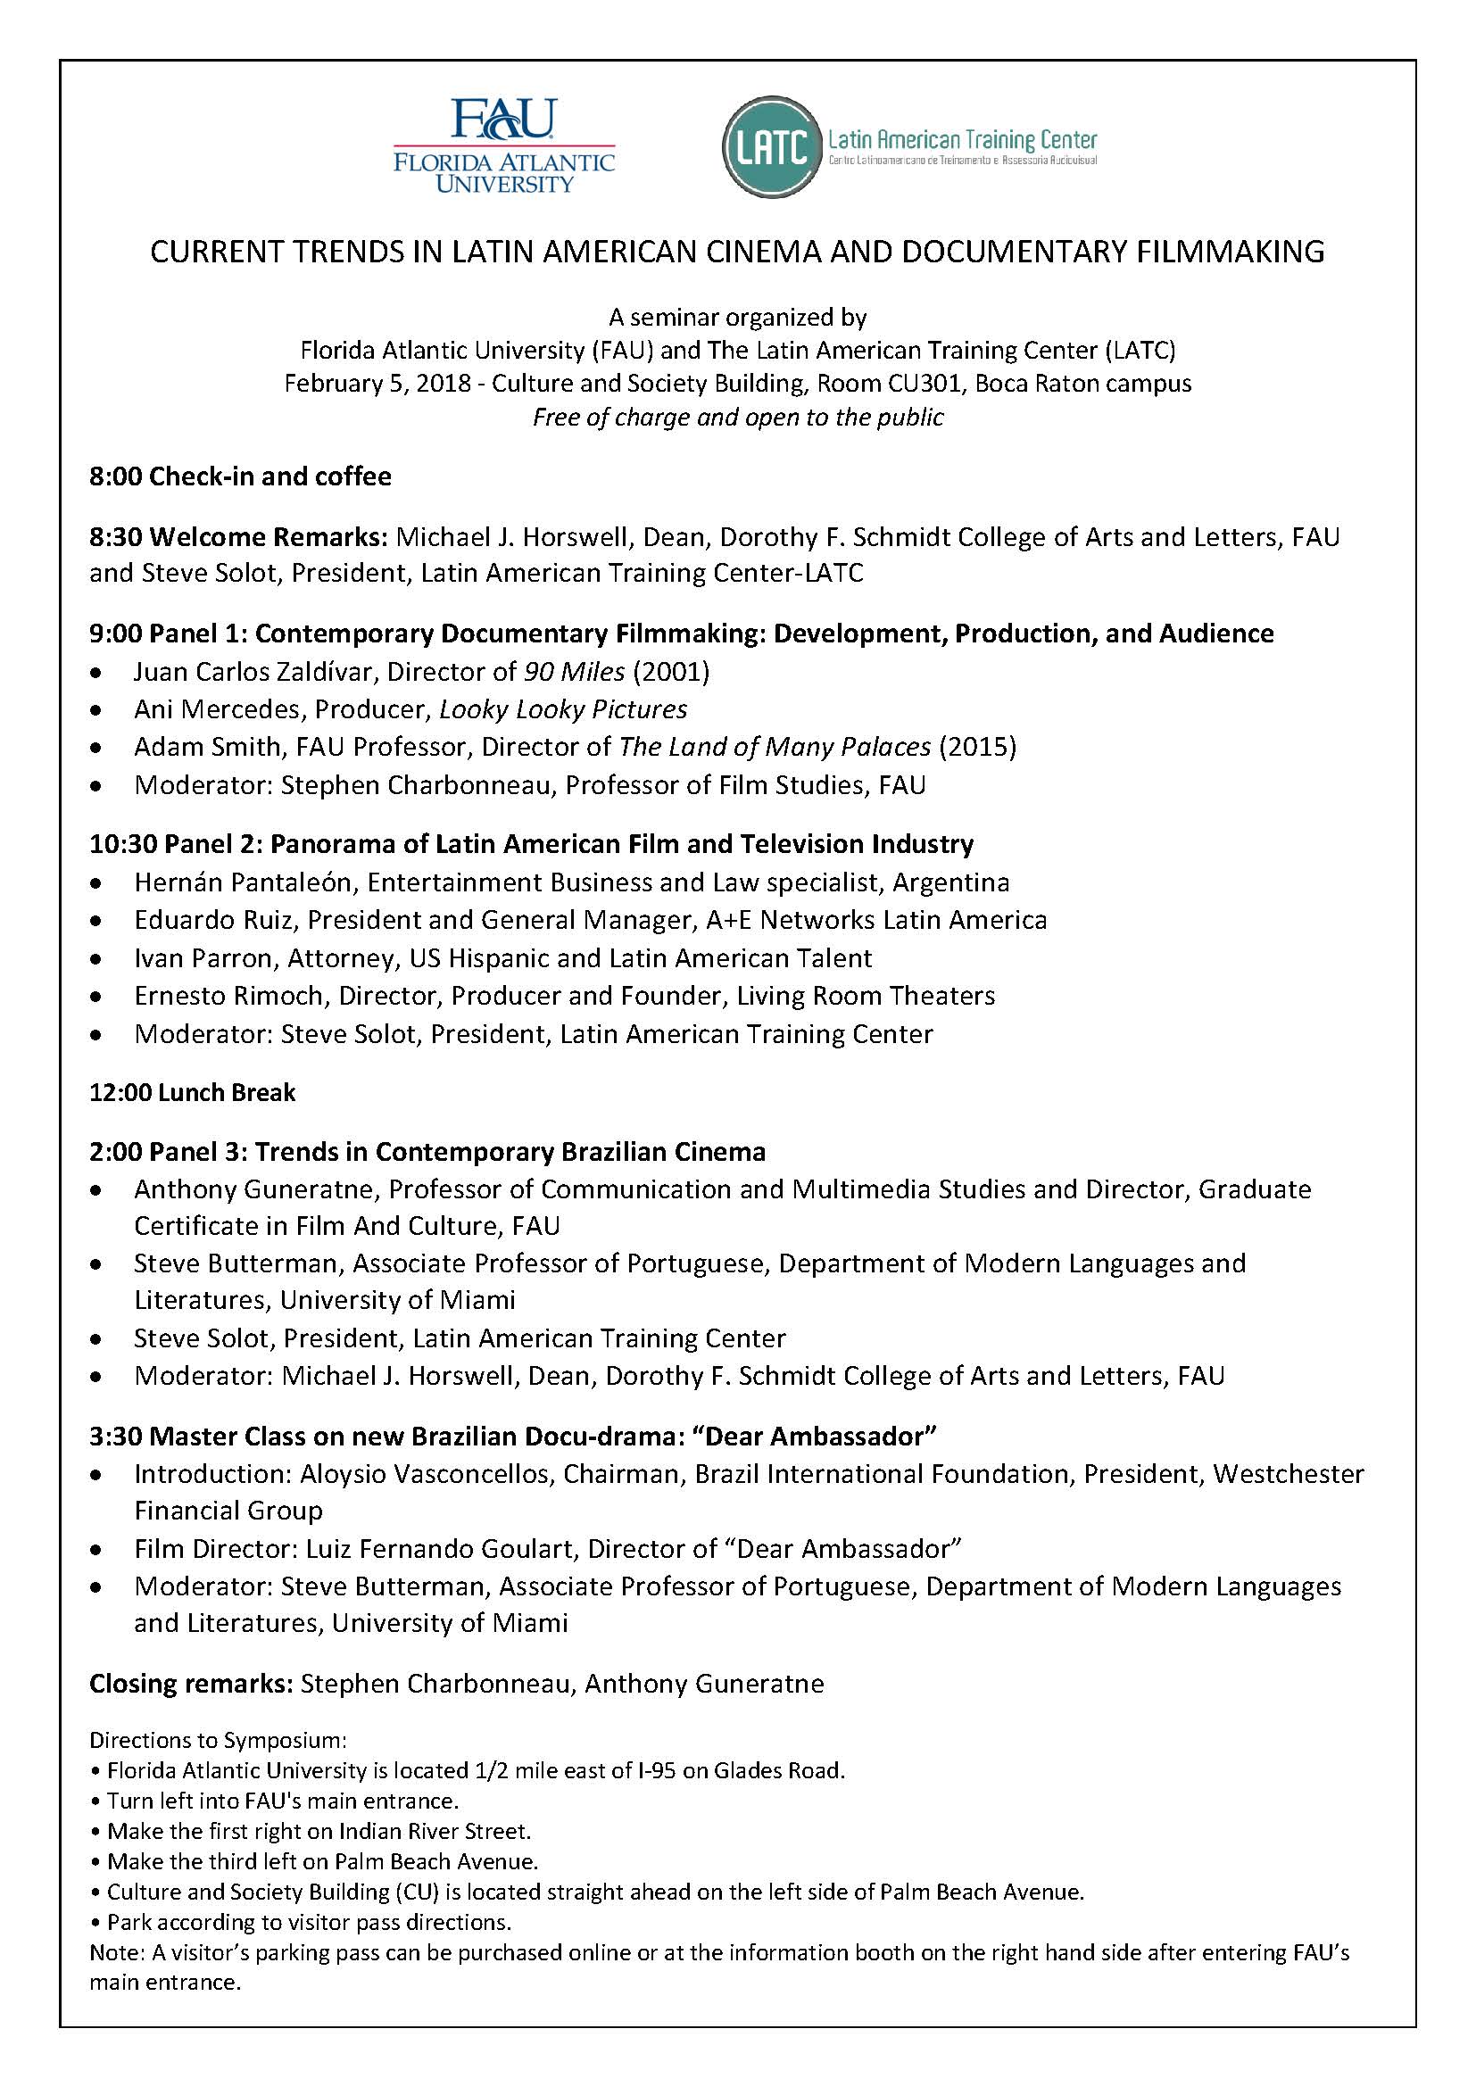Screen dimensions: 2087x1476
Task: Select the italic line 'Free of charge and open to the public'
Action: point(738,418)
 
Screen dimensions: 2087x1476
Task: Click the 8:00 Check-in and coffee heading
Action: point(240,476)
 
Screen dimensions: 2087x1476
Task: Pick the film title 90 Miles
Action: point(575,672)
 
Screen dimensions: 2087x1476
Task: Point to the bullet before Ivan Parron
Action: point(96,959)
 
